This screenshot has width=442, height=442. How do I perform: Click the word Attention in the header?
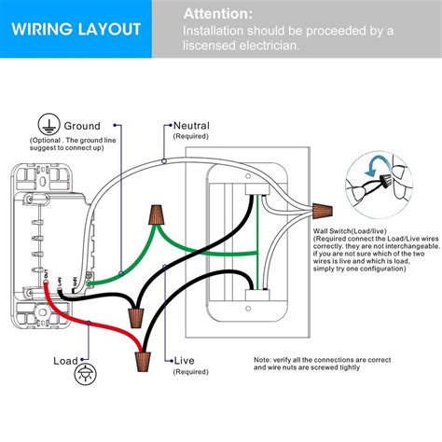pos(216,14)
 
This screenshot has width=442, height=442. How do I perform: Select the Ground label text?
pos(81,126)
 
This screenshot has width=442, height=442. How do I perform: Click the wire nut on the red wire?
pos(144,357)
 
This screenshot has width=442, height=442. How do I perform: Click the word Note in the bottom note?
pos(263,358)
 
